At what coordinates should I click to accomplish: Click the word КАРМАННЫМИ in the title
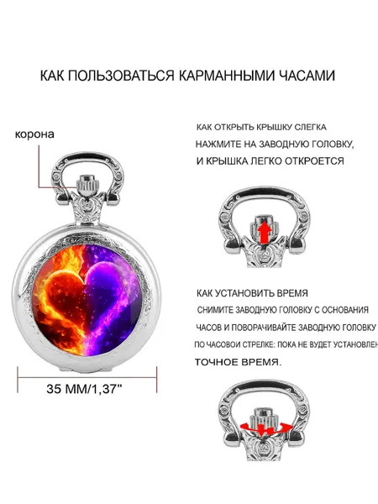click(x=226, y=76)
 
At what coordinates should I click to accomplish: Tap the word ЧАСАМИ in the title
click(x=307, y=76)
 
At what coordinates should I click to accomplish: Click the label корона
click(x=34, y=134)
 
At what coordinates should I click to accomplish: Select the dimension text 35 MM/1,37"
click(x=84, y=389)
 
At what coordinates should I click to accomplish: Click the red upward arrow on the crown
click(x=265, y=230)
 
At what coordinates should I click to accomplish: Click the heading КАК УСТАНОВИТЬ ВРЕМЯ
click(x=252, y=293)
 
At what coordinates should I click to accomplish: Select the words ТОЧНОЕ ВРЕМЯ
click(x=239, y=363)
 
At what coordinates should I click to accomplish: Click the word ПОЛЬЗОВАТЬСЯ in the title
click(x=121, y=76)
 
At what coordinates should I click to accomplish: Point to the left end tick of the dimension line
click(x=18, y=380)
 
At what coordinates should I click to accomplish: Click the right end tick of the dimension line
click(x=157, y=380)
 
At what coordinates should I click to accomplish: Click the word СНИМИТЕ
click(x=215, y=310)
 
